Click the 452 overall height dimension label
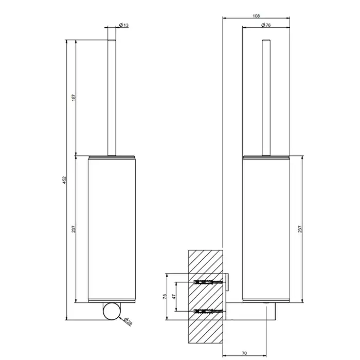64,180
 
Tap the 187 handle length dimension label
74,98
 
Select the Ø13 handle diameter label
124,25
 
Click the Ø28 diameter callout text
128,321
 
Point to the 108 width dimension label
256,16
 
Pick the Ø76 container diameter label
266,25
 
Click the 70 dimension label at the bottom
244,353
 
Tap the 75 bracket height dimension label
165,296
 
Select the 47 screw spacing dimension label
174,296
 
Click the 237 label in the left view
74,229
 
